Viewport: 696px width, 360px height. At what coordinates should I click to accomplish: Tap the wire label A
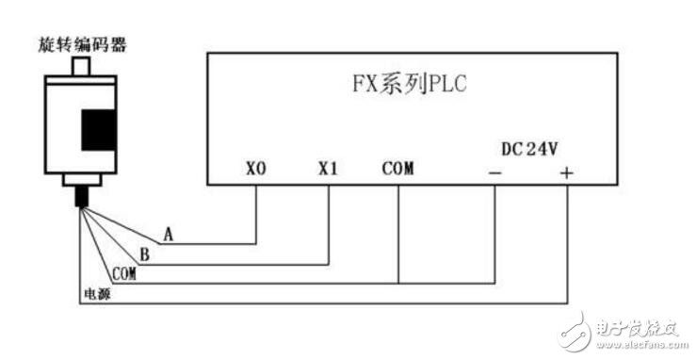pyautogui.click(x=168, y=233)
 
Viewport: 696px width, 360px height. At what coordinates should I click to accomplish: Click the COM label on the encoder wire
pyautogui.click(x=124, y=274)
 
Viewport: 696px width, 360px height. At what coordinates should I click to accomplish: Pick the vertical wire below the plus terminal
pyautogui.click(x=566, y=245)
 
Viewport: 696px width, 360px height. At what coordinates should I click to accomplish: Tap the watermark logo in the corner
pyautogui.click(x=622, y=330)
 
